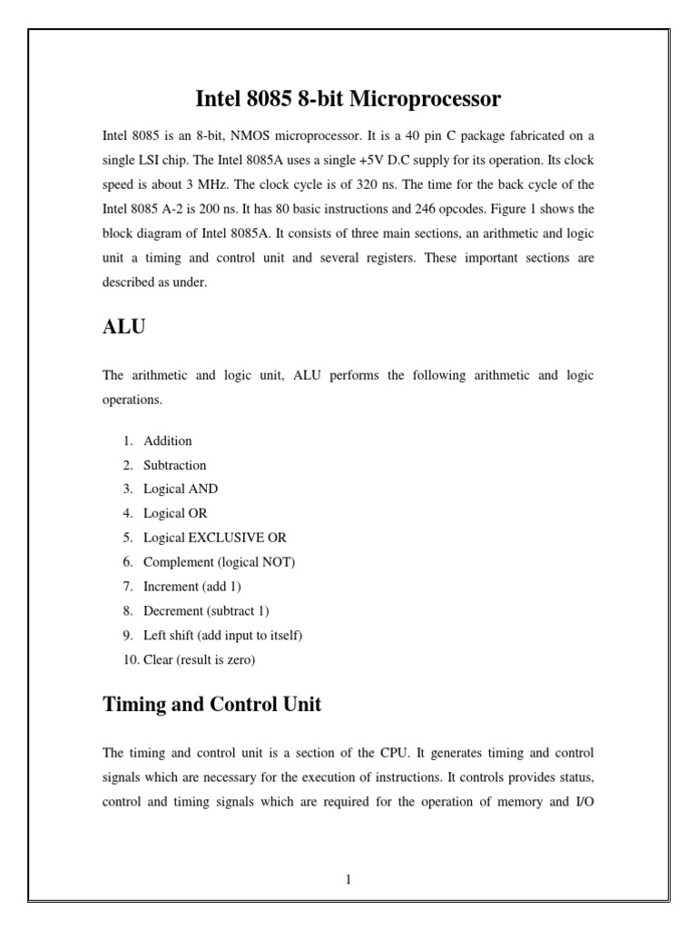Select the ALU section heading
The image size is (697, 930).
click(124, 328)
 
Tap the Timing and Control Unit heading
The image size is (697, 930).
click(211, 704)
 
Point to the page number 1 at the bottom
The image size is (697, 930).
click(348, 879)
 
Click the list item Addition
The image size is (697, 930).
click(167, 440)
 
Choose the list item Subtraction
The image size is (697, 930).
click(174, 465)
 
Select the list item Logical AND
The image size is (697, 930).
click(180, 489)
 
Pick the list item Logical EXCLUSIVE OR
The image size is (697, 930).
click(214, 538)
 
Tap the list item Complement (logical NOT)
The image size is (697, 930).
click(219, 562)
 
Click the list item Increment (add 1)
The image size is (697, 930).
click(191, 587)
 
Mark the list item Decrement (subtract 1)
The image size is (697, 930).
click(206, 611)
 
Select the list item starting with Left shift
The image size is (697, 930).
click(222, 636)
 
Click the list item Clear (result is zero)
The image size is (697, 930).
click(199, 660)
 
